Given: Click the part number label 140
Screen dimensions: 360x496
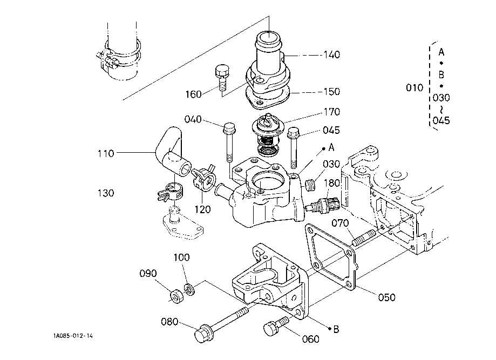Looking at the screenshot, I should click(x=332, y=55).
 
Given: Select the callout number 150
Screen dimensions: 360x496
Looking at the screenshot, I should click(x=332, y=91).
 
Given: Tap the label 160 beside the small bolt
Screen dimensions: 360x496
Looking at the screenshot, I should click(x=193, y=94).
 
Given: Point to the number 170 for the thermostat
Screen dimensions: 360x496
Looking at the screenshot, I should click(x=332, y=112).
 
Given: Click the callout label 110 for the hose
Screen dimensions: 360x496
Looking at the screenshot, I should click(x=106, y=153).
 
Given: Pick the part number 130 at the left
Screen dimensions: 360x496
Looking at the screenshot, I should click(x=106, y=193).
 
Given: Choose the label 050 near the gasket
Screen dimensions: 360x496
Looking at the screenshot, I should click(x=386, y=297).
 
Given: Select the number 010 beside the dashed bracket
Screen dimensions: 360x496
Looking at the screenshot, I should click(x=415, y=87).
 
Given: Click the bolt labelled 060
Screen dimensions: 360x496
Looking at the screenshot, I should click(x=271, y=328).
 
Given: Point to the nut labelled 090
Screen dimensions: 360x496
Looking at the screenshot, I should click(x=175, y=296).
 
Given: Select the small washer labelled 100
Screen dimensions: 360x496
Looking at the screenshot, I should click(x=189, y=289).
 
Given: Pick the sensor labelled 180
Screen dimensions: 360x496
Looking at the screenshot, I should click(x=324, y=206).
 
